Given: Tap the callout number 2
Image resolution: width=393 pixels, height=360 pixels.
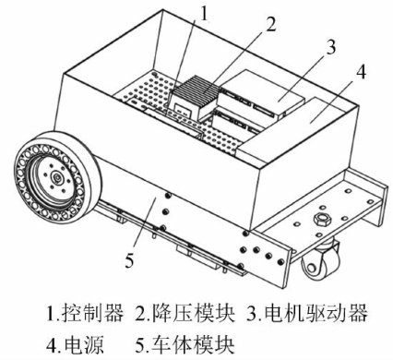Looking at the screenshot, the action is click(270, 24).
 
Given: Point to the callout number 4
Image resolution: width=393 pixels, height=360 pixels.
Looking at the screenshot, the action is click(361, 72).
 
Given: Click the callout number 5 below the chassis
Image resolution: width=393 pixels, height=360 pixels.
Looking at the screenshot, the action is click(129, 260).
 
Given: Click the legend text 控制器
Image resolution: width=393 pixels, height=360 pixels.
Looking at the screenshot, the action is click(92, 313).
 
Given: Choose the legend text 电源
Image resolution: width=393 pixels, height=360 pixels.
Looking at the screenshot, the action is click(83, 344).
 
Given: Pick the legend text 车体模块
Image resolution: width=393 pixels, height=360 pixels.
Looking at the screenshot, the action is click(194, 344).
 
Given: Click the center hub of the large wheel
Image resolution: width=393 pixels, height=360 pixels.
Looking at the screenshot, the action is click(57, 177).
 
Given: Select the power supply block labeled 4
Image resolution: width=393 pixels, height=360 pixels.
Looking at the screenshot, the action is click(295, 126).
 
